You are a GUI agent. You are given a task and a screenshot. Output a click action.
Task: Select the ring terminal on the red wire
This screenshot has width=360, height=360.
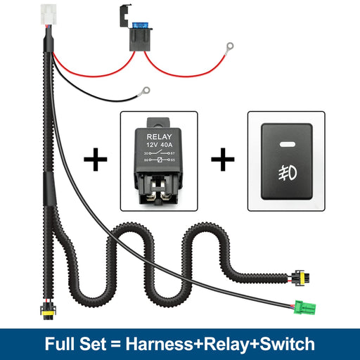coord(228,48)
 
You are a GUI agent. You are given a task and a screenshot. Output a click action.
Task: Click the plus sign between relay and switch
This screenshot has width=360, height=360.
coord(223,161)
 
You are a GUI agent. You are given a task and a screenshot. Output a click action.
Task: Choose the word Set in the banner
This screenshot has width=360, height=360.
coord(93,345)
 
